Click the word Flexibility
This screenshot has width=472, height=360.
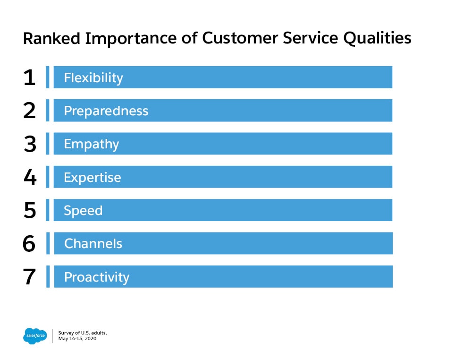point(93,78)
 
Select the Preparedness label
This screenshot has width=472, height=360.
point(106,111)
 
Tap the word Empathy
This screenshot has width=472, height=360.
point(92,144)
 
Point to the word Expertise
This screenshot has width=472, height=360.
point(93,178)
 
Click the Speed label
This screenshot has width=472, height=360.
point(83,211)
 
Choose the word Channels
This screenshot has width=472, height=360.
point(93,243)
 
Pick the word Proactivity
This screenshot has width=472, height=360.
point(97,277)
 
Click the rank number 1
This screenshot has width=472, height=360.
point(29,77)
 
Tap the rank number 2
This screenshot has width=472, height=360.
point(29,111)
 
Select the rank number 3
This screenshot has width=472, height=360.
point(30,144)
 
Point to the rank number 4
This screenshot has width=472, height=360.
point(30,177)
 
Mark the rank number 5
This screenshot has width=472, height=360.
point(30,210)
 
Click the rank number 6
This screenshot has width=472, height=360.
point(29,243)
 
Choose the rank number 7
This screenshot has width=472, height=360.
point(29,276)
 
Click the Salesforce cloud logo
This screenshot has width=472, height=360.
point(35,336)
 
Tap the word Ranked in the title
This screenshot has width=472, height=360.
point(51,39)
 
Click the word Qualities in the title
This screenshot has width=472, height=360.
point(377,39)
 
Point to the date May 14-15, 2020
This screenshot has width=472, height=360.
point(78,339)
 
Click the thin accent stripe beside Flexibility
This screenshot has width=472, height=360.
point(48,77)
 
